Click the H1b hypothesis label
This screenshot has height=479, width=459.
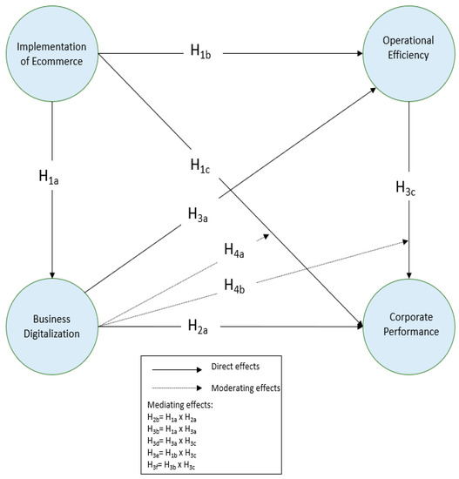(x=206, y=51)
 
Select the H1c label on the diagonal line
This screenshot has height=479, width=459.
(x=206, y=165)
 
